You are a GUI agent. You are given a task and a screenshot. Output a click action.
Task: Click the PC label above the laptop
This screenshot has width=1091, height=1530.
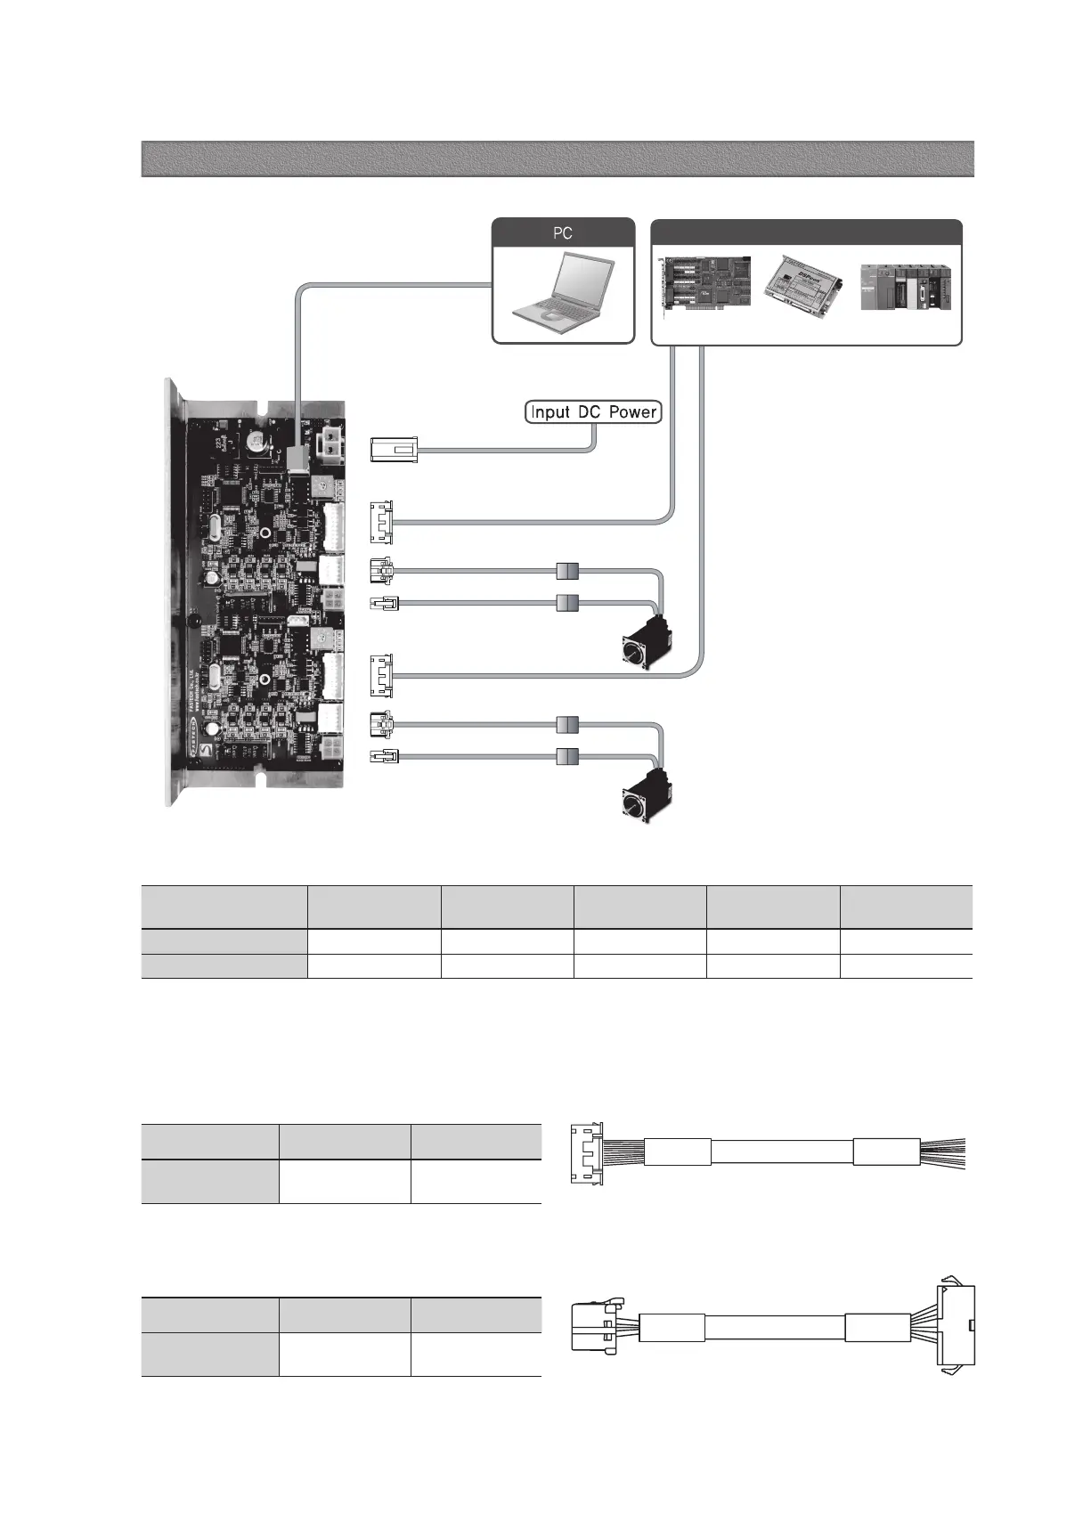[x=563, y=233]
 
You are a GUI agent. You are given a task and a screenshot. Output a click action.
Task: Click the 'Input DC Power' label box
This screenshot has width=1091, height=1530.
[x=593, y=412]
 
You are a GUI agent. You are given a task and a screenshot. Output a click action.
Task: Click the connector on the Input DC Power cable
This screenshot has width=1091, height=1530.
[x=394, y=450]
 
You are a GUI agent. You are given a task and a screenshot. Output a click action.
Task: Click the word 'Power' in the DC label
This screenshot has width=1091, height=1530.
[x=632, y=412]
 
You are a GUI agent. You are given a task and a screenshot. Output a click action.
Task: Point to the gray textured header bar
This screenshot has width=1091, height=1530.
[x=557, y=159]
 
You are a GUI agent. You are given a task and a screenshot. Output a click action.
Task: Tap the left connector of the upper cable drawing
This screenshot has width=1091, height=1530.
[x=587, y=1153]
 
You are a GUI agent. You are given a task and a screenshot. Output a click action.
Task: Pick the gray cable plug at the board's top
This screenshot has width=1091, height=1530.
[x=297, y=457]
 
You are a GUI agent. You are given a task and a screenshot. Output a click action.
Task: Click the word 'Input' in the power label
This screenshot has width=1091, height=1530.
[x=552, y=412]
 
